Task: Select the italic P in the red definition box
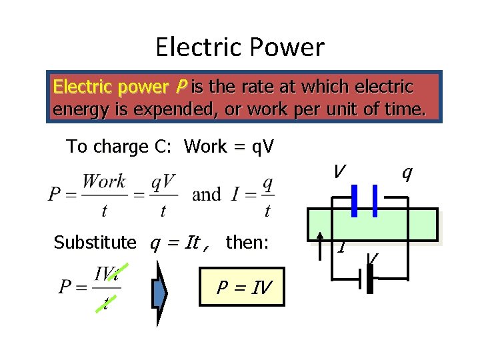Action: pos(181,87)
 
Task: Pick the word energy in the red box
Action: pos(76,109)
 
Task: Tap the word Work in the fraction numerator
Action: pos(104,181)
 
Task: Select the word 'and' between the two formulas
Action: pos(206,195)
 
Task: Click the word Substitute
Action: pos(95,242)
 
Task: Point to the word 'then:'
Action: pos(247,242)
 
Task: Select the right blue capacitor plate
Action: pos(375,201)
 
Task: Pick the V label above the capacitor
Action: pos(339,172)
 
